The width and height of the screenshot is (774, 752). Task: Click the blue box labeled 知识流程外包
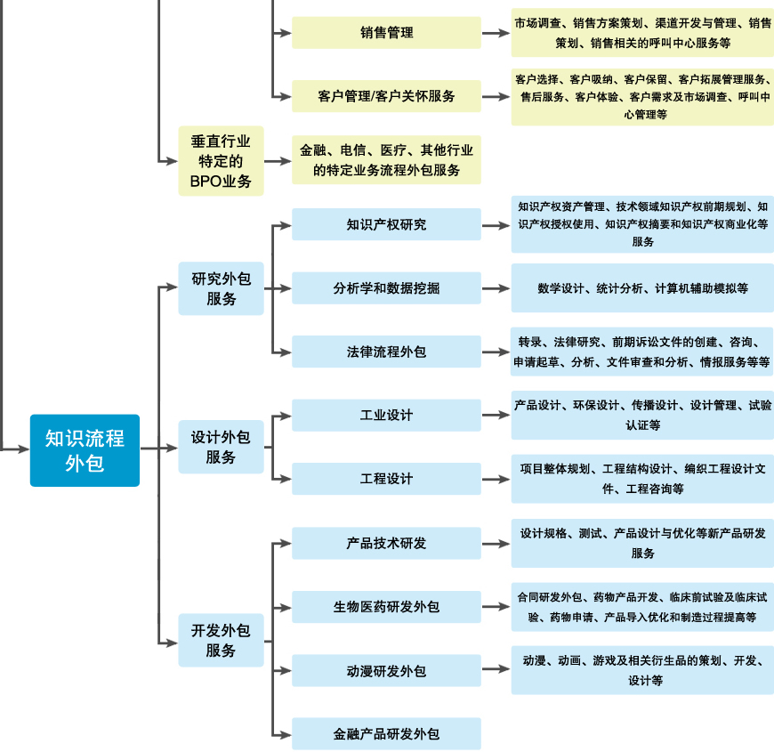[85, 450]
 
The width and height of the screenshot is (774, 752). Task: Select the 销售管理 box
[386, 33]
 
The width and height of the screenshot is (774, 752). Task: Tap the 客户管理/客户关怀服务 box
[386, 96]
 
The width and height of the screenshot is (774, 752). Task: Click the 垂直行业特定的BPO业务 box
[221, 161]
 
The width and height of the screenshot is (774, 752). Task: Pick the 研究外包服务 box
[221, 288]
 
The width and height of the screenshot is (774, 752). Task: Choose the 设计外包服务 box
[221, 447]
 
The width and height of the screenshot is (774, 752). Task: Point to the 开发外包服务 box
[221, 640]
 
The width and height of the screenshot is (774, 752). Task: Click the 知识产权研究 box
[386, 224]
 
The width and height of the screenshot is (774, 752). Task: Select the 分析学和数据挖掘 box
[386, 288]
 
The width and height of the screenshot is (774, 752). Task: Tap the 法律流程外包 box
[386, 352]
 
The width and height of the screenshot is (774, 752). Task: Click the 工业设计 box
[386, 416]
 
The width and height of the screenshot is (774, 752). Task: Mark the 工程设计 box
[386, 479]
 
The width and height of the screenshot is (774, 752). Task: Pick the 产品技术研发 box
[386, 543]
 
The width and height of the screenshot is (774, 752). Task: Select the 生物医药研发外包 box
[386, 607]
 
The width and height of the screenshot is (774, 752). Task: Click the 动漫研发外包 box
[386, 670]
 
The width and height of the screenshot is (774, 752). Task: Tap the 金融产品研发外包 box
[386, 734]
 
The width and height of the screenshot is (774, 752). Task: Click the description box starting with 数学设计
[641, 288]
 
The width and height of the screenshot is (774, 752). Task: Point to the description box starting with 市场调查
[641, 33]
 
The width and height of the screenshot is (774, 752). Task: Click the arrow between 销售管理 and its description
[496, 33]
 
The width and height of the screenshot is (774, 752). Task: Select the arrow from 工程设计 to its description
[496, 479]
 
